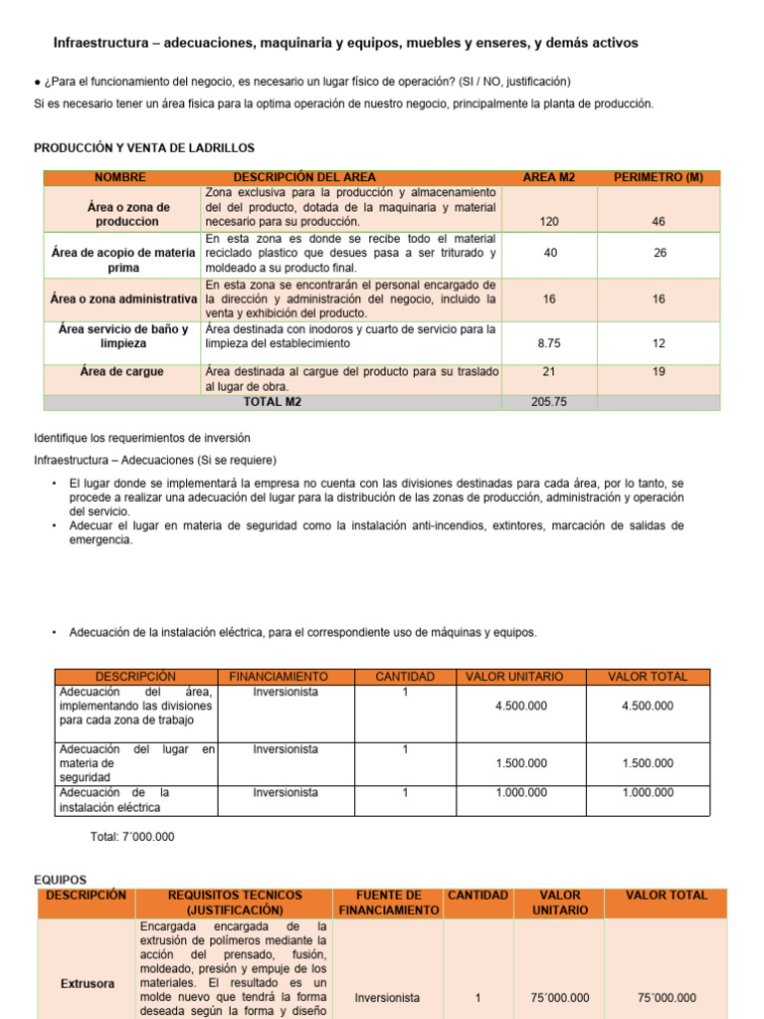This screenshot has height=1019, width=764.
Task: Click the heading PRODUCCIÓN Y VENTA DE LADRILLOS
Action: pos(144,148)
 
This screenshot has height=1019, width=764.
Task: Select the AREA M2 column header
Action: pos(549,177)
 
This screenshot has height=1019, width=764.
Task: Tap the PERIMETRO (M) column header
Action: pos(658,177)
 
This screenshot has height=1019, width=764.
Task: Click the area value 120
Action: pos(549,222)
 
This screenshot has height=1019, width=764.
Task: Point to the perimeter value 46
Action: pos(659,222)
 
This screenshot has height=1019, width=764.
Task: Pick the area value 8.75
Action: pos(549,342)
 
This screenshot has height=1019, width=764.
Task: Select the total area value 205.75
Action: pos(549,403)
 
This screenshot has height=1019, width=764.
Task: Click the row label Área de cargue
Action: pos(122,371)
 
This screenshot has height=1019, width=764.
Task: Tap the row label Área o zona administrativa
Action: pos(122,299)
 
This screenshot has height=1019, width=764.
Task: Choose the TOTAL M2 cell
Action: pos(272,403)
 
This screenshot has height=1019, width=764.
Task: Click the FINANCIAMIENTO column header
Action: pos(286,677)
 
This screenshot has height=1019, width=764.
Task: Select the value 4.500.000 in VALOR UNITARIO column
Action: pos(520,706)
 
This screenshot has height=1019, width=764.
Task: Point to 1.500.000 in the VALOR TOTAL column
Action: pos(648,763)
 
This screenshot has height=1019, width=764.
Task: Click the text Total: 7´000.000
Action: pos(132,837)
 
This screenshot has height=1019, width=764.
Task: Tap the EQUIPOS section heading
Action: pos(61,880)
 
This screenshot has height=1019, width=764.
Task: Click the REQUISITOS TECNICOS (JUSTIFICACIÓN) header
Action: pos(235,902)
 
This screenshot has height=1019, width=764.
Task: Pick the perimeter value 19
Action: pos(659,371)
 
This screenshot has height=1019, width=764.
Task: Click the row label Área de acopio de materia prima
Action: pos(122,261)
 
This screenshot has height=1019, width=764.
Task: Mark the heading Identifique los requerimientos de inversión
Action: pos(142,438)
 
